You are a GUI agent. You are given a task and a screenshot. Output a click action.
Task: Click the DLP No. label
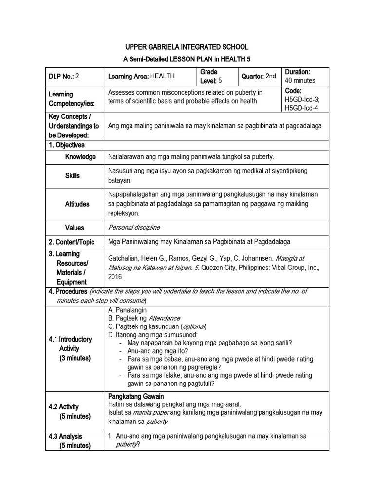point(61,76)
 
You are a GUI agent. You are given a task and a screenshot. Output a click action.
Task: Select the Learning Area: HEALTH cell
point(141,76)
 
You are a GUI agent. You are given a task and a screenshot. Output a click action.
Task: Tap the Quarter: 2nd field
point(259,76)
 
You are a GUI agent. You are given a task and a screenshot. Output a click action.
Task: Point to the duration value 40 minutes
point(300,80)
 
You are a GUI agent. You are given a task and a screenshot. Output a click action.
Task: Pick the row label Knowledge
point(80,157)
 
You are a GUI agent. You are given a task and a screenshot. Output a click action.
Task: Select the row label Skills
point(73,175)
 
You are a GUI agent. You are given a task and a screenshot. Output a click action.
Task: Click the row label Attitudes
point(77,204)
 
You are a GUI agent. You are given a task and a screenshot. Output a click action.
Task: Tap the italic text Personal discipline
point(133,228)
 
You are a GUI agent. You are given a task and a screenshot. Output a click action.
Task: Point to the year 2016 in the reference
point(116,277)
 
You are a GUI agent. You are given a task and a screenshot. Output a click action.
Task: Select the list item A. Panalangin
point(127,310)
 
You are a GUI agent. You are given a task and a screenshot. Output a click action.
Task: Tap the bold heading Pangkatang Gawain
point(136,396)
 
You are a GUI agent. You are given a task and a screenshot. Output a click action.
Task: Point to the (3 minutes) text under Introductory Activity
point(75,358)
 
